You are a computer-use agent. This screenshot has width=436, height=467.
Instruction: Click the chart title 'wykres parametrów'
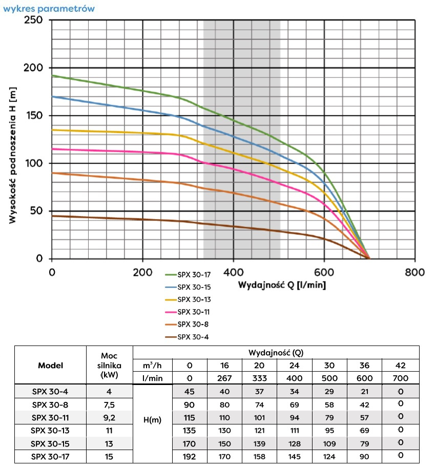[x=49, y=9]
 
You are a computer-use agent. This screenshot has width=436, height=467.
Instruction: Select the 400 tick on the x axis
[x=233, y=272]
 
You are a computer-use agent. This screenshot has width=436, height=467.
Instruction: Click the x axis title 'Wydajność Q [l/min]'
[x=281, y=285]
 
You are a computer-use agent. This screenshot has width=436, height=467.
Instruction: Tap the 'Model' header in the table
[x=51, y=366]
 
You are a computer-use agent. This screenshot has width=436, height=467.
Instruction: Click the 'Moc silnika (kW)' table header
[x=109, y=366]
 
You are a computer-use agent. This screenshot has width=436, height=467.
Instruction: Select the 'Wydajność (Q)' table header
[x=275, y=353]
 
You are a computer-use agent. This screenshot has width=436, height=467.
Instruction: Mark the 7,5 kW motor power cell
[x=109, y=404]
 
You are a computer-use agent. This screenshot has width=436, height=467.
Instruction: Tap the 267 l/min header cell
[x=225, y=378]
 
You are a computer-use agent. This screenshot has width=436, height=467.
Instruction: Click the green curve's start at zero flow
[x=52, y=76]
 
